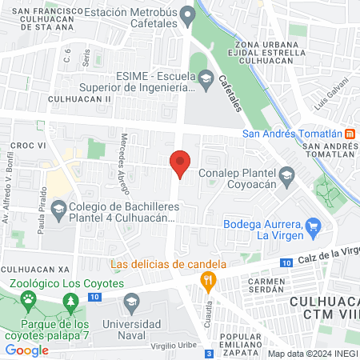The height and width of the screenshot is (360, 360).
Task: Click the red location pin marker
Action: [x=180, y=163]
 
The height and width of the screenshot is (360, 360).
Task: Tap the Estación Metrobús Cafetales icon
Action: [x=188, y=14]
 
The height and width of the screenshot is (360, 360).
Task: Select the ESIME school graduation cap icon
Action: [x=206, y=78]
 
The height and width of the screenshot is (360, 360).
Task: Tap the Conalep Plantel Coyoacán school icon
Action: [x=286, y=174]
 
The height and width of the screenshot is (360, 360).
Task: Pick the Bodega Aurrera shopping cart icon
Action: [x=314, y=227]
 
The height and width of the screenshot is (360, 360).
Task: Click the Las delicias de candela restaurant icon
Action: [x=208, y=280]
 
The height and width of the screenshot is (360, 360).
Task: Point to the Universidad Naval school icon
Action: [x=133, y=302]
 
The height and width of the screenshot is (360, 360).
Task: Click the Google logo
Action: [x=26, y=350]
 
